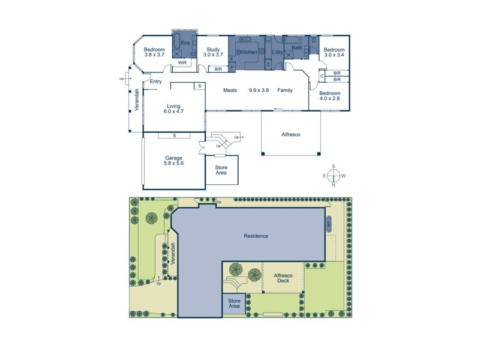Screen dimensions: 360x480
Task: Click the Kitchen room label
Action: pyautogui.click(x=249, y=53)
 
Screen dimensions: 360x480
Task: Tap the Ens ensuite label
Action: pyautogui.click(x=185, y=43)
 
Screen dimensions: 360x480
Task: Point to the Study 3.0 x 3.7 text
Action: pyautogui.click(x=212, y=52)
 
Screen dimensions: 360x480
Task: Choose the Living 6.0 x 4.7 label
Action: pyautogui.click(x=174, y=109)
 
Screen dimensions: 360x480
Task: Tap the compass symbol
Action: pyautogui.click(x=334, y=176)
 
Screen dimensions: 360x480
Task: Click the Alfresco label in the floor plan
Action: pyautogui.click(x=290, y=135)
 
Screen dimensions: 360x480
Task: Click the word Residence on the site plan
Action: pyautogui.click(x=256, y=236)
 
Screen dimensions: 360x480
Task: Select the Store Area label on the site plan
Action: pyautogui.click(x=234, y=304)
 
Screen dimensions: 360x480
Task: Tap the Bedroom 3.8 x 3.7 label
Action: pyautogui.click(x=155, y=52)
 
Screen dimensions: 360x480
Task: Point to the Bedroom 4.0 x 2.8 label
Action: pyautogui.click(x=329, y=97)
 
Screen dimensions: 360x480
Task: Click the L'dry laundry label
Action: pyautogui.click(x=277, y=53)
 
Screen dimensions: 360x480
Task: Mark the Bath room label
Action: pyautogui.click(x=296, y=47)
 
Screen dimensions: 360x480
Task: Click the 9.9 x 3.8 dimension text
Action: pyautogui.click(x=259, y=91)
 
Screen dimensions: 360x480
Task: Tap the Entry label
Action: pyautogui.click(x=156, y=82)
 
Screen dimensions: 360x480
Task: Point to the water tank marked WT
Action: pyautogui.click(x=329, y=224)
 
